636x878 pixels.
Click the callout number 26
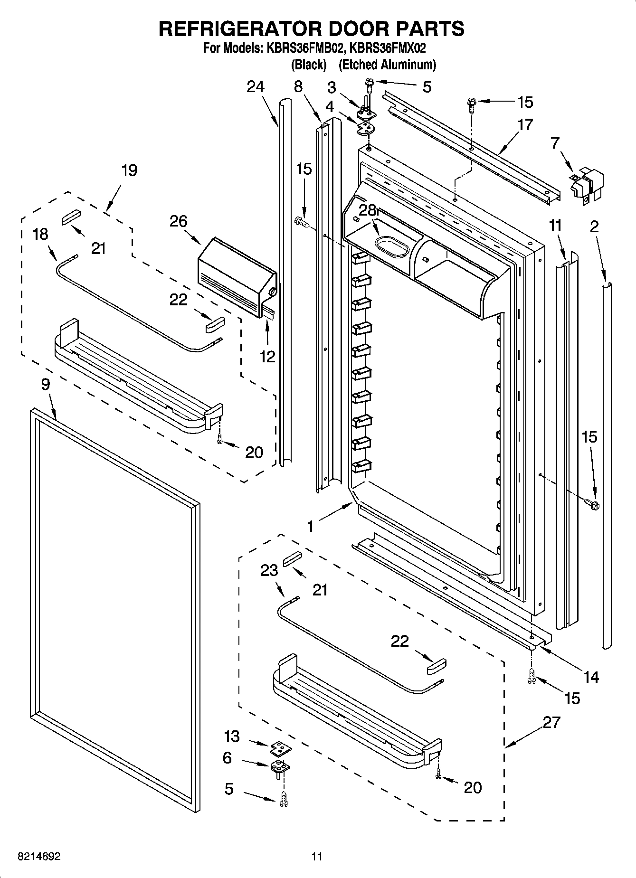click(179, 221)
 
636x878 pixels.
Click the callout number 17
click(525, 125)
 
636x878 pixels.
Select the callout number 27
click(551, 723)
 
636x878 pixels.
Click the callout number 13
click(232, 736)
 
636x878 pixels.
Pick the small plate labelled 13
click(281, 749)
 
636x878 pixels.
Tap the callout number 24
click(256, 87)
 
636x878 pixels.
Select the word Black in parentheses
click(309, 64)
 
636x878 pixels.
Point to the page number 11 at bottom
click(317, 857)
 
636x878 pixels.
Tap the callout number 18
click(40, 234)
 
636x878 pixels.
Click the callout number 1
click(310, 526)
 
